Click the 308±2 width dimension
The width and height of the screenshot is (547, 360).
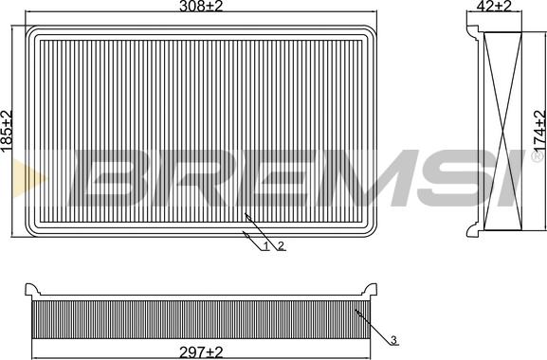[201, 6]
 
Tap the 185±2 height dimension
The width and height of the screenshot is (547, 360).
[7, 131]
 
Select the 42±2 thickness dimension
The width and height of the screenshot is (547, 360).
[494, 6]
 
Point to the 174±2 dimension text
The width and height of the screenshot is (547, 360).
[539, 131]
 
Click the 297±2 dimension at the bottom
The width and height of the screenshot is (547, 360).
[201, 352]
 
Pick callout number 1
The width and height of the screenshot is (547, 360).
[265, 246]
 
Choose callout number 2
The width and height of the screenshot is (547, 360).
[282, 246]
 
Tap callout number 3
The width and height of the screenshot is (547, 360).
[393, 340]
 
